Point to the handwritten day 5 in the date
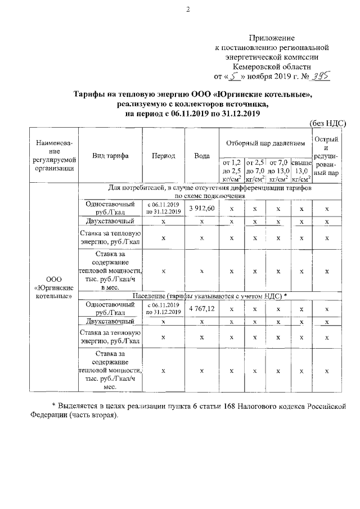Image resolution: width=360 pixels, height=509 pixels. pyautogui.click(x=228, y=75)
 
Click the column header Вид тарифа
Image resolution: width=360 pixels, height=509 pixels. pyautogui.click(x=111, y=156)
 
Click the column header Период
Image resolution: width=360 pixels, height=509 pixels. pyautogui.click(x=164, y=156)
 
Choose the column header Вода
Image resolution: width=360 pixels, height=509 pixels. pyautogui.click(x=202, y=156)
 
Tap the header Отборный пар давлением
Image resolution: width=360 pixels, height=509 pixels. pyautogui.click(x=265, y=143)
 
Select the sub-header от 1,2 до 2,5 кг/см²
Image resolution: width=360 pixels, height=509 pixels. pyautogui.click(x=232, y=170)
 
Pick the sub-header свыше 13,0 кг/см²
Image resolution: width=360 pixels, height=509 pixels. pyautogui.click(x=301, y=170)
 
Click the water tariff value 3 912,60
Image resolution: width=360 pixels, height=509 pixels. pyautogui.click(x=202, y=209)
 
